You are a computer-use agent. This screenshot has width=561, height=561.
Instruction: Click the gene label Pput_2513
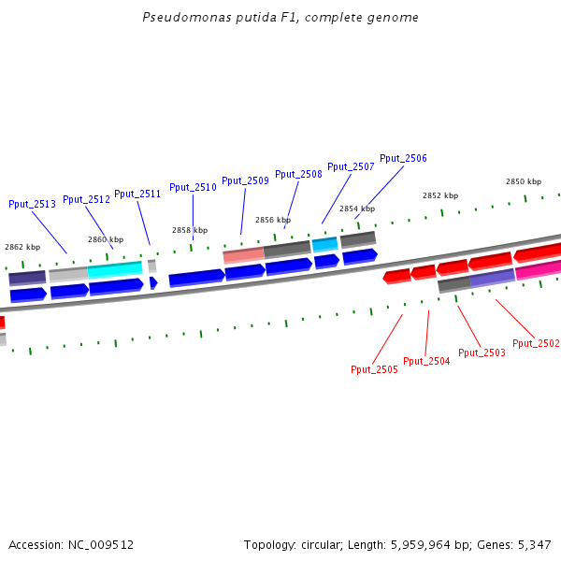coord(32,204)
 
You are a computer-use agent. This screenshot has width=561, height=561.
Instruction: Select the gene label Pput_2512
coord(86,199)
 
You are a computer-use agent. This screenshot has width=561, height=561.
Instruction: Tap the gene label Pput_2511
coord(137,194)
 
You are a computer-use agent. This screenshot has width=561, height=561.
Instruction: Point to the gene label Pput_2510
coord(193,187)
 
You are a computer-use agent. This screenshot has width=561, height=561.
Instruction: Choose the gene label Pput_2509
coord(245,180)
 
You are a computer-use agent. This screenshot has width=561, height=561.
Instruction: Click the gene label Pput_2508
coord(298,174)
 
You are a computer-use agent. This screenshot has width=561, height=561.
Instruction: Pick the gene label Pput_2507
coord(351,166)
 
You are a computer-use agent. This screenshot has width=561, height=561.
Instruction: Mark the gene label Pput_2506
coord(403,159)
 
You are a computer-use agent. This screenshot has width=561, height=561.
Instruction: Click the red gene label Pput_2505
coord(374,369)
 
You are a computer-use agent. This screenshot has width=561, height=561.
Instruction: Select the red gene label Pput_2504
coord(426,361)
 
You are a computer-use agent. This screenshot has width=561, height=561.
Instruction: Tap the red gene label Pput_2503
coord(482,352)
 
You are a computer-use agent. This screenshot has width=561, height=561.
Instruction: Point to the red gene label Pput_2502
coord(536,343)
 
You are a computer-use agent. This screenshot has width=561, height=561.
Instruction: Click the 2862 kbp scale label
coord(22,247)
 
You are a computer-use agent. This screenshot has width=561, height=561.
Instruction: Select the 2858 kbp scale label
coord(190,230)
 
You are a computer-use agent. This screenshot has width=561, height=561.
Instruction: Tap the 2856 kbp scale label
coord(273,220)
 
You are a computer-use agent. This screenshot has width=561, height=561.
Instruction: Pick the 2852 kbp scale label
coord(440,195)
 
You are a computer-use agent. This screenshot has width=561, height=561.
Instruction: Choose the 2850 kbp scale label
coord(524,181)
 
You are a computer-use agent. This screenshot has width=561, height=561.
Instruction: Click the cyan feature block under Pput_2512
coord(114,269)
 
